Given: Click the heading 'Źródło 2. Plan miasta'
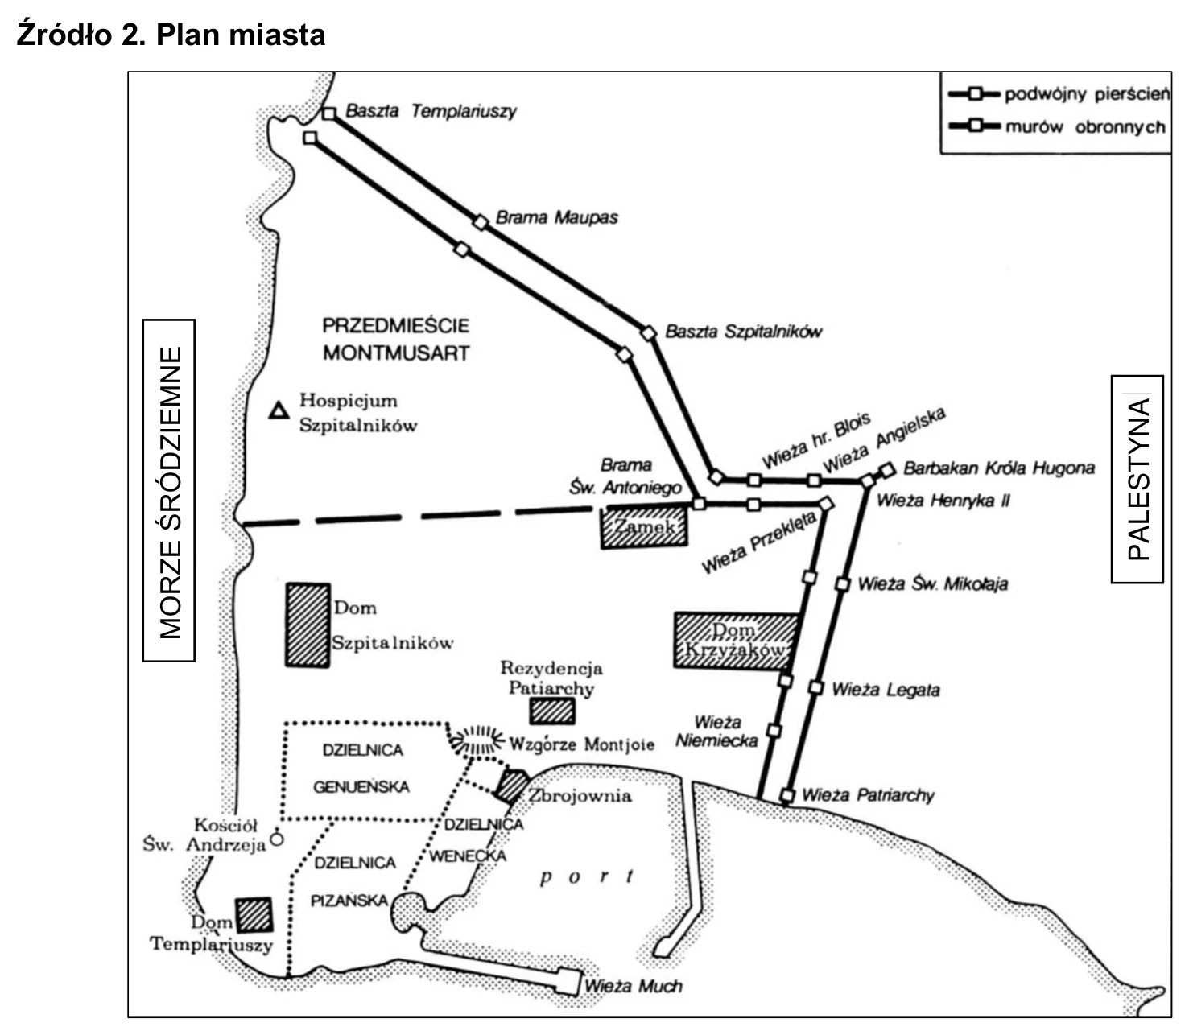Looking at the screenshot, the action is coord(171,35).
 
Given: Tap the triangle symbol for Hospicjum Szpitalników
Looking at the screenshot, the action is coord(279,410).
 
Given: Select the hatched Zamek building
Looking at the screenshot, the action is coord(644,526).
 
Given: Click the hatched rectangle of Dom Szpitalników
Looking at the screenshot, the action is coord(308,625).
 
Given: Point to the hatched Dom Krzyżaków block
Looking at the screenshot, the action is coord(735,641).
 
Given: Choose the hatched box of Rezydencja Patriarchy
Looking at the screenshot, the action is coord(552,711).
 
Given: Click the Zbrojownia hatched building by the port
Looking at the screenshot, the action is coord(511,786).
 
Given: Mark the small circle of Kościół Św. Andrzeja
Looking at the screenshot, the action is coord(277,839).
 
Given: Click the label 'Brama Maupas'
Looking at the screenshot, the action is coord(557,218).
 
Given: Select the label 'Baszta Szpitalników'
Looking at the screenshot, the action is coord(743,332).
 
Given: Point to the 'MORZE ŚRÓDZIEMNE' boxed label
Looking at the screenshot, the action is coord(169,490).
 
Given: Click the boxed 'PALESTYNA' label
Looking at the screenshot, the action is coord(1137,479).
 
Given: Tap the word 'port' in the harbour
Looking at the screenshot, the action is coord(587,876).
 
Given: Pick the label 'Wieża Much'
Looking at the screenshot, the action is coord(633,986).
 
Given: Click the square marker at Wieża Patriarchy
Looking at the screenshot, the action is coord(787,795).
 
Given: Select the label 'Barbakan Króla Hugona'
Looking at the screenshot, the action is coord(999,468).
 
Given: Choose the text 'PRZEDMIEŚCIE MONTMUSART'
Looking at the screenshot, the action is coord(396,339).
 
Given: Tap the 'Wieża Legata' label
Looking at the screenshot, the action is coord(886,690).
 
